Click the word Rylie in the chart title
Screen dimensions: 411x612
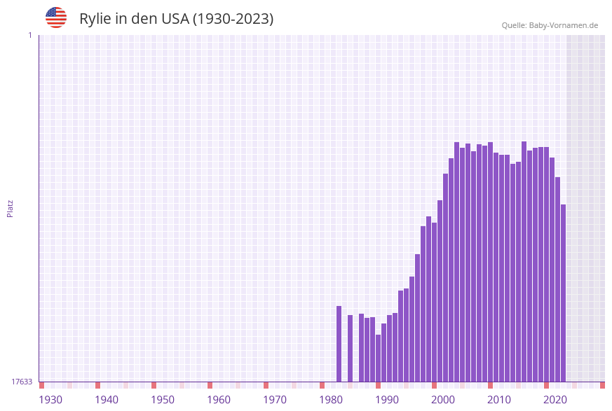(95, 19)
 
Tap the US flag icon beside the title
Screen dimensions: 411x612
(56, 18)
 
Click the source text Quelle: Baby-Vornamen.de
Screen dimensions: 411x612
(550, 25)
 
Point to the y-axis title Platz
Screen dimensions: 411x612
(11, 208)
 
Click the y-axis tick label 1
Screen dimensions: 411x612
(29, 35)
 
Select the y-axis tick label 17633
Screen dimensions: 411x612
(22, 382)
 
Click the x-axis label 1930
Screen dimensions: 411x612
(50, 400)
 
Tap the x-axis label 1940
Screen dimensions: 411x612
(107, 400)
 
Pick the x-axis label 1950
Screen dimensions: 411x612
(163, 400)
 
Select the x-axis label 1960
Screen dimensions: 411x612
(219, 400)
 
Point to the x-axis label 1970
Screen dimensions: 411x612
(275, 400)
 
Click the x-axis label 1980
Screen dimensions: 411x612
(331, 400)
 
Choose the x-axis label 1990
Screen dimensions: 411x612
(387, 400)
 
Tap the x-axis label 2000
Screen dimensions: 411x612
(443, 400)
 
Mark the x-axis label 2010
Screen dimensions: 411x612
(499, 400)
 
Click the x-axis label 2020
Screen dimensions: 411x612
(555, 400)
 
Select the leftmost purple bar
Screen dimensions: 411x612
(339, 344)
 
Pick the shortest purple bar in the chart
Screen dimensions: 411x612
(378, 358)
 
